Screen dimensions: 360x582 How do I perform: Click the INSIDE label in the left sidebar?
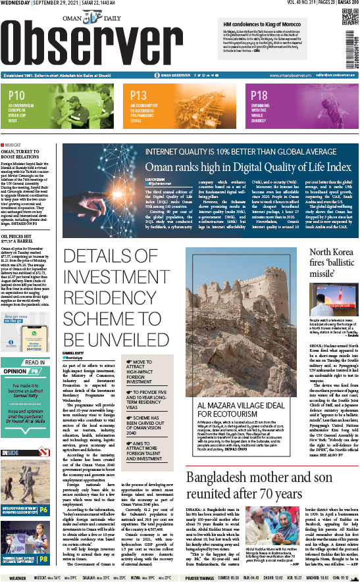tap(11, 452)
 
